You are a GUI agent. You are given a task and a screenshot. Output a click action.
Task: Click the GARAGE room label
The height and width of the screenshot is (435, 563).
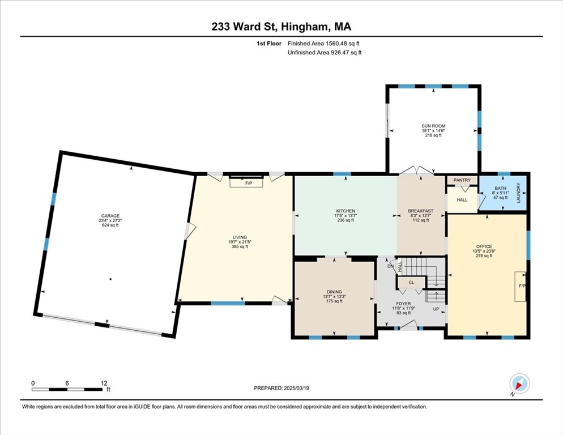110,216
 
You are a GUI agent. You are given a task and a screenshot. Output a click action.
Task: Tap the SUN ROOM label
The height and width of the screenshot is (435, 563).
433,126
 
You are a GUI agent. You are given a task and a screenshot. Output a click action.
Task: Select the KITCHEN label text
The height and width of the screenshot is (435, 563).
346,211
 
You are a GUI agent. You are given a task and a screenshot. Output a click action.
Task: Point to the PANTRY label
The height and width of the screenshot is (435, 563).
462,180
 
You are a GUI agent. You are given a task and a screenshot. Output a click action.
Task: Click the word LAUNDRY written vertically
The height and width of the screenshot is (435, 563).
518,193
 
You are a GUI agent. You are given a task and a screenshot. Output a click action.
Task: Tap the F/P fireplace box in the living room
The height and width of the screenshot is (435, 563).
246,183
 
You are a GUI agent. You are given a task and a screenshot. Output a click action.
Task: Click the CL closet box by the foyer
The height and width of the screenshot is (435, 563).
411,282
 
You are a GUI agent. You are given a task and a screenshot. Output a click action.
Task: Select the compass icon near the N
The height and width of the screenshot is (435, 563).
519,383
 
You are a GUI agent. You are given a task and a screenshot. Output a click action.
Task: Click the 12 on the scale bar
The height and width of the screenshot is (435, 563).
104,383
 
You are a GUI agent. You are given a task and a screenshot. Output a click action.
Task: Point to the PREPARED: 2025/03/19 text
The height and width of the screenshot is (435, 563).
281,388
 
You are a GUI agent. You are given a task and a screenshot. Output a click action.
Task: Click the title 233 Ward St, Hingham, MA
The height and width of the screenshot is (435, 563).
281,27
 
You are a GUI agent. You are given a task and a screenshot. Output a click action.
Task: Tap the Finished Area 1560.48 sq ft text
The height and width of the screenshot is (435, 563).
323,44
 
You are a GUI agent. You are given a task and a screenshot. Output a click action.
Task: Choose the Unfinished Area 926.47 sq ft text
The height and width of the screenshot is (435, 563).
325,53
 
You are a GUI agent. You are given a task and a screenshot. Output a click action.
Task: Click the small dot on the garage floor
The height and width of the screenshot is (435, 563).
110,279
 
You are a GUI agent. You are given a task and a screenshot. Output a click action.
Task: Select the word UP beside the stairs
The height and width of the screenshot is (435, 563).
436,309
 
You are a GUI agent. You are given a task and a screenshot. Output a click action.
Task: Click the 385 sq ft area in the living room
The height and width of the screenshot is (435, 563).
240,246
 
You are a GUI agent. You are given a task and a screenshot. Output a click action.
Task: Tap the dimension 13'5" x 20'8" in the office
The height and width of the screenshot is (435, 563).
484,251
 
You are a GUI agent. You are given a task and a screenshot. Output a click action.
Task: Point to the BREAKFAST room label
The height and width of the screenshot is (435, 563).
420,211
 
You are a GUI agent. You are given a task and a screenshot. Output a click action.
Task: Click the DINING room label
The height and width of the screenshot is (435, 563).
334,292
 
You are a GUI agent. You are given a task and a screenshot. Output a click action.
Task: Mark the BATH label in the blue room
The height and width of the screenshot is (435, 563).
500,188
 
